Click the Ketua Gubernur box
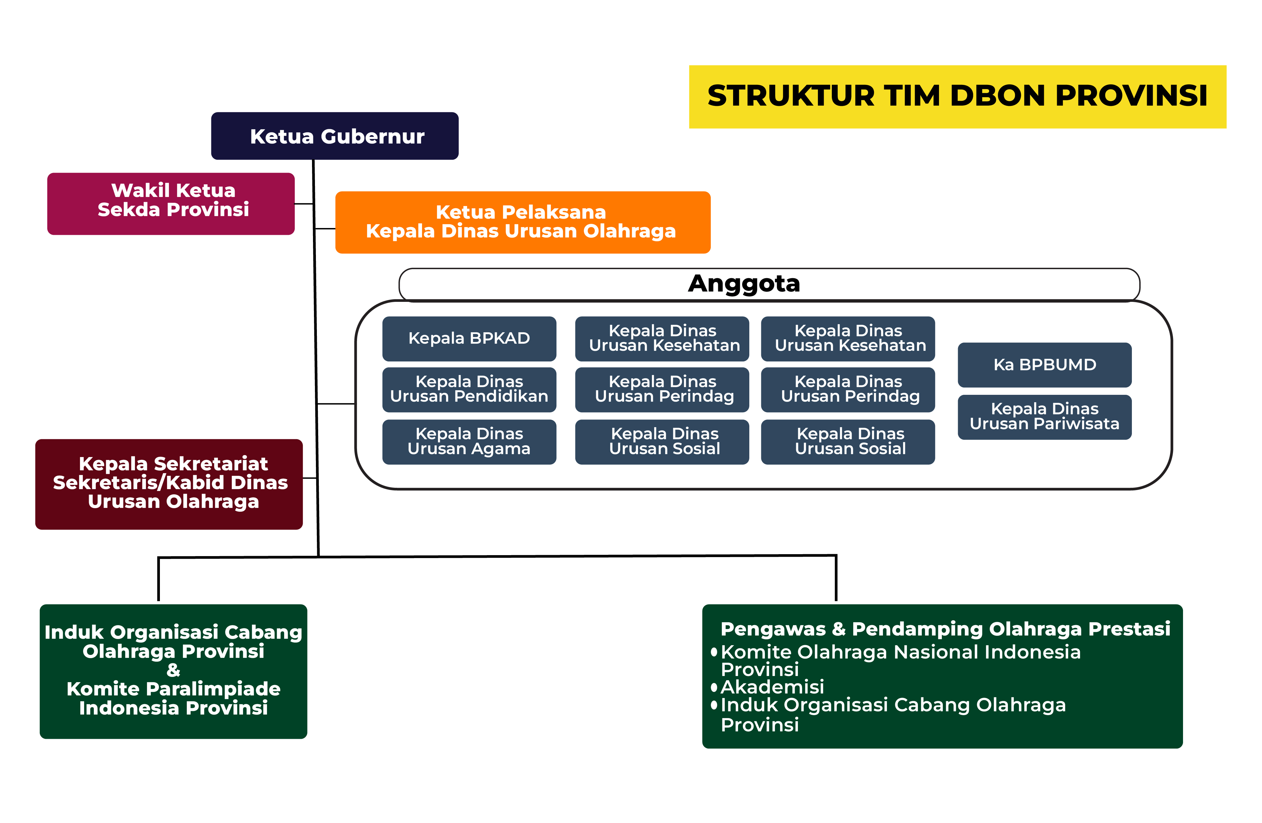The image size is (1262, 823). click(335, 136)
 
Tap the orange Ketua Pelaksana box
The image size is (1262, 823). click(522, 222)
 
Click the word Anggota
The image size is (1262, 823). click(743, 283)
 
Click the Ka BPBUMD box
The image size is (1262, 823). click(1044, 365)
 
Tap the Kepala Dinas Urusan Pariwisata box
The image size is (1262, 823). click(1044, 417)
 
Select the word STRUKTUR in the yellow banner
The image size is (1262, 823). click(790, 96)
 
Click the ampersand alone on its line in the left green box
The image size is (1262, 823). click(173, 670)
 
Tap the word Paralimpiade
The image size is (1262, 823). click(212, 689)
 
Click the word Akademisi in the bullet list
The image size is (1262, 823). click(772, 687)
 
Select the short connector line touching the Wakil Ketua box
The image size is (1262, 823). click(304, 204)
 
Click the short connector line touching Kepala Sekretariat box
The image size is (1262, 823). click(310, 478)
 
